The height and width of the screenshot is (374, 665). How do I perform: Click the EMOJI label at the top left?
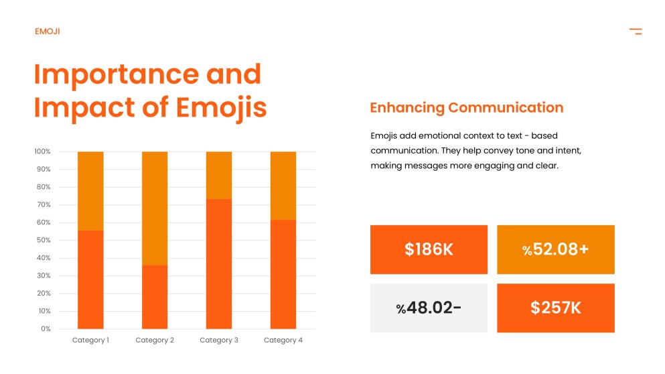click(x=47, y=32)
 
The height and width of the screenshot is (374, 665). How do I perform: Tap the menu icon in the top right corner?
click(x=636, y=32)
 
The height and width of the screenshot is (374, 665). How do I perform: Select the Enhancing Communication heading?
click(x=466, y=108)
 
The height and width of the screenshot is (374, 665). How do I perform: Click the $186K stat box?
click(x=429, y=249)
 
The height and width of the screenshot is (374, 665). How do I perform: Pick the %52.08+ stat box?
click(x=555, y=249)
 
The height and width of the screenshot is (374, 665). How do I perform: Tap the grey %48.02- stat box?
click(x=429, y=308)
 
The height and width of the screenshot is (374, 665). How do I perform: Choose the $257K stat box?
click(x=555, y=308)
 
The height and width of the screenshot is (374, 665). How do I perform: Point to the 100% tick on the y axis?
click(x=42, y=151)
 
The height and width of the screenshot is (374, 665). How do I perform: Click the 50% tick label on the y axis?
click(x=43, y=240)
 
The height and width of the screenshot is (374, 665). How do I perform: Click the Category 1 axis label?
click(x=90, y=340)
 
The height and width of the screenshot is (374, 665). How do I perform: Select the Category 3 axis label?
click(x=219, y=340)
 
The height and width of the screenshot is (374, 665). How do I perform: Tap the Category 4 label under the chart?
click(x=283, y=340)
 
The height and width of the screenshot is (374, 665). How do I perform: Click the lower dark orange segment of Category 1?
click(x=90, y=279)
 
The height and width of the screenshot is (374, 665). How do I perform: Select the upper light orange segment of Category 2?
click(x=155, y=208)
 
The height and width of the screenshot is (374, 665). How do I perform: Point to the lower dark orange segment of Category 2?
click(x=155, y=297)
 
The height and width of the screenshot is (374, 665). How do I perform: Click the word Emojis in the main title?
click(x=222, y=107)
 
